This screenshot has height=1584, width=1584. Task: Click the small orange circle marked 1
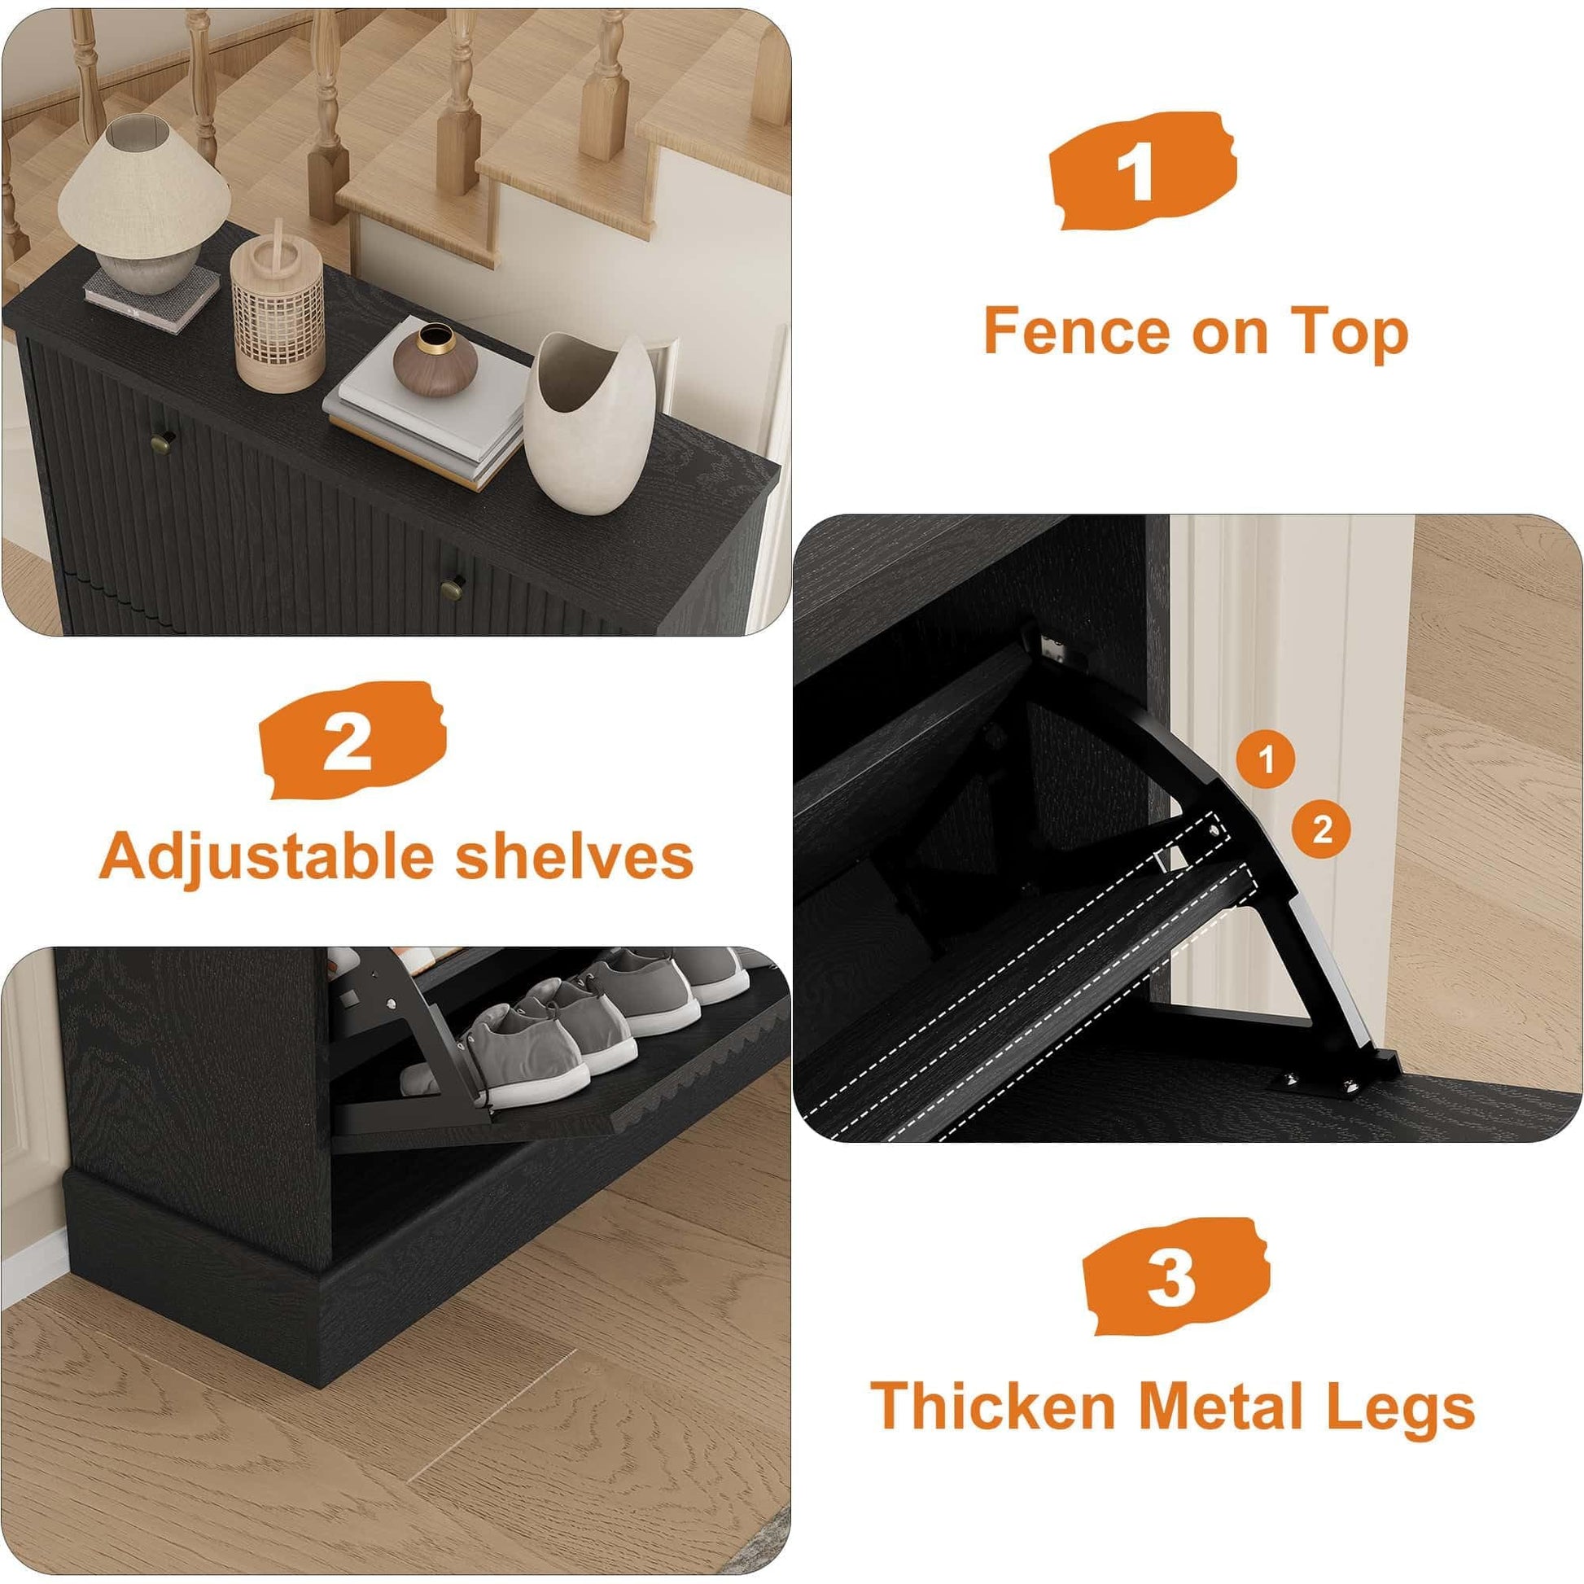(x=1266, y=760)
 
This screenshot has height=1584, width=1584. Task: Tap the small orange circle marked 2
(x=1322, y=830)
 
